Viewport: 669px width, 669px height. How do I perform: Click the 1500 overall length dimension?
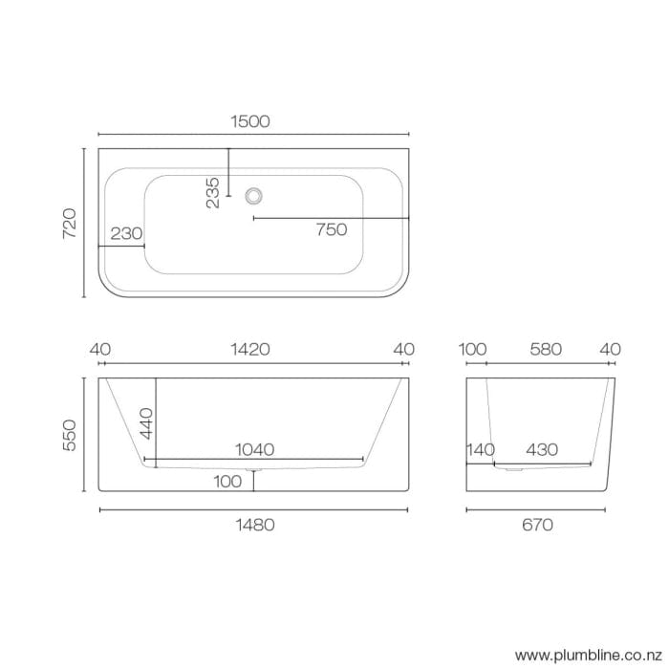[x=250, y=121]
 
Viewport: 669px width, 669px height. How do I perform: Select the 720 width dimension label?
[x=69, y=223]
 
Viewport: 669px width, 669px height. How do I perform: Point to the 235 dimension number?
[x=213, y=192]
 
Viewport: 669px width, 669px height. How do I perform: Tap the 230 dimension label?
[x=127, y=233]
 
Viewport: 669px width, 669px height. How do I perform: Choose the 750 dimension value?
[x=331, y=229]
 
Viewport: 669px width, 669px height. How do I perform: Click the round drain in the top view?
[x=254, y=195]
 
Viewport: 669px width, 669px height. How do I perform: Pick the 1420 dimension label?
[x=250, y=350]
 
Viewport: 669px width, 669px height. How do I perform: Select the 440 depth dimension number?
[x=146, y=421]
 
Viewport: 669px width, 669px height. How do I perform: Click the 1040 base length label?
[x=255, y=449]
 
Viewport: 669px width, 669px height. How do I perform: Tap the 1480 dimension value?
[x=254, y=524]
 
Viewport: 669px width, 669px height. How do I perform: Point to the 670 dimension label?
[x=538, y=524]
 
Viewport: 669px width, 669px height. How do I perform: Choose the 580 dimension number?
[x=545, y=350]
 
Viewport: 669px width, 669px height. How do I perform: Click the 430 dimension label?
[x=542, y=449]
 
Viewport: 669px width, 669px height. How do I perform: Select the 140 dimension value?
[x=481, y=449]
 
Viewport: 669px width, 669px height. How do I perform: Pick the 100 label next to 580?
[x=473, y=350]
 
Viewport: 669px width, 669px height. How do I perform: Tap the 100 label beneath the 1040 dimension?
[x=227, y=482]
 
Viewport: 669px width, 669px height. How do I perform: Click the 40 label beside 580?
[x=610, y=350]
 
